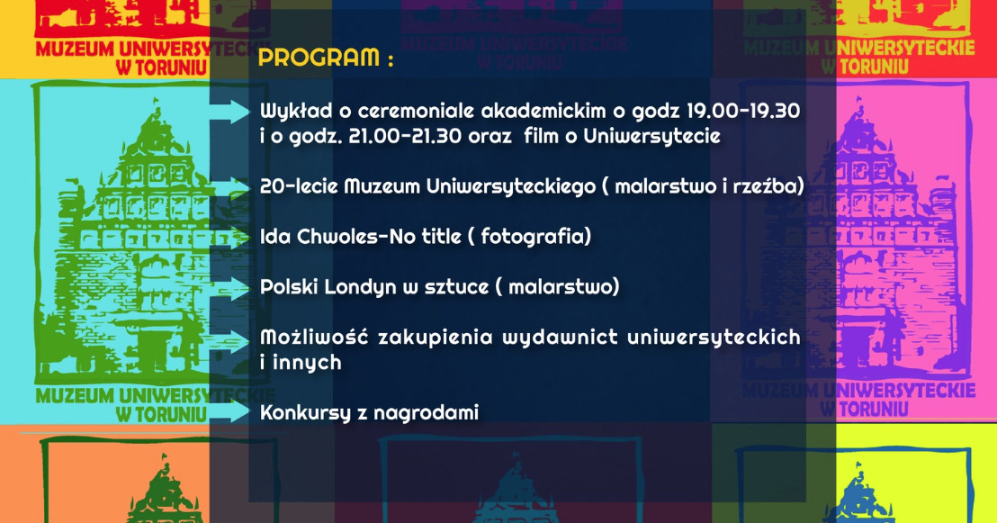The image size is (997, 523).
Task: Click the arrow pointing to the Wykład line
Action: coord(230,112)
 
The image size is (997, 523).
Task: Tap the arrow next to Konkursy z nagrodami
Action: coord(230,411)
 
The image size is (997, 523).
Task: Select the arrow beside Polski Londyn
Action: coord(230,288)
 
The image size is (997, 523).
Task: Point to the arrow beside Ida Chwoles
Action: coord(230,238)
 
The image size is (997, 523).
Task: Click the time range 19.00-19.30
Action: coord(742,111)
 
